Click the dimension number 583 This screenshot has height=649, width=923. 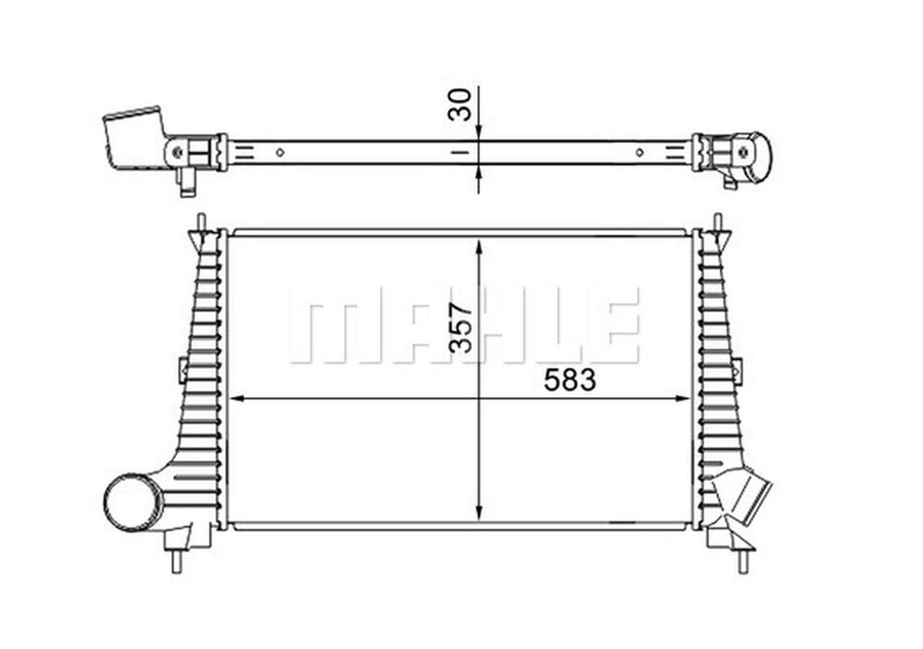click(x=570, y=380)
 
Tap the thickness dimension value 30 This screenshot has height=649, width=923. click(x=460, y=104)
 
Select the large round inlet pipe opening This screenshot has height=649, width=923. click(x=133, y=502)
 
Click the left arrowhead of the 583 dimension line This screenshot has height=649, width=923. click(x=235, y=398)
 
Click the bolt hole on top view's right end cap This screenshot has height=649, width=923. click(x=743, y=152)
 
